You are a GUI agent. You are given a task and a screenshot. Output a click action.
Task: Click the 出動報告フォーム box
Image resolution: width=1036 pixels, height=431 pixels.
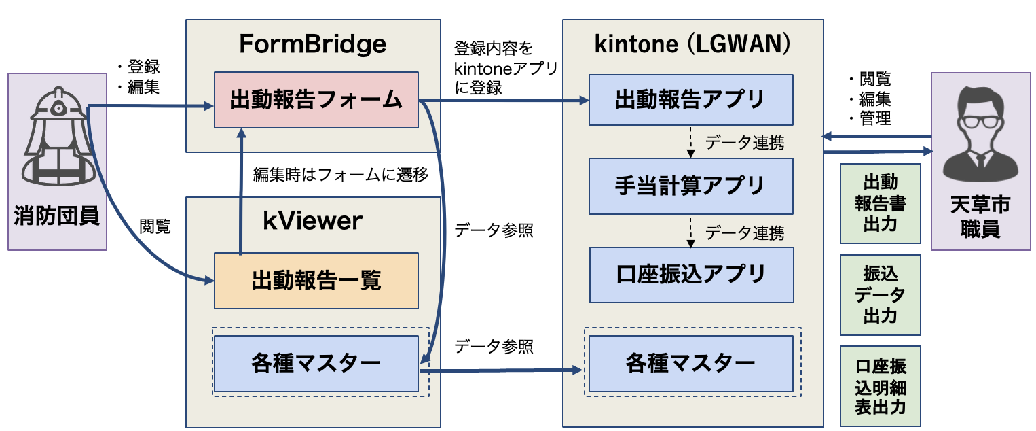(316, 100)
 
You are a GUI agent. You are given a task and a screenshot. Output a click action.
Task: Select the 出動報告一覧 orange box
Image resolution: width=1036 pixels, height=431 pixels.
(316, 281)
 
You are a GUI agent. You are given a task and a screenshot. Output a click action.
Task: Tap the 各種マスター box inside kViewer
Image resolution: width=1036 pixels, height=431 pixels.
(316, 363)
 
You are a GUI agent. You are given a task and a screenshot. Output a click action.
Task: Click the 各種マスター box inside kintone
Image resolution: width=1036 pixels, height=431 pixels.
(691, 363)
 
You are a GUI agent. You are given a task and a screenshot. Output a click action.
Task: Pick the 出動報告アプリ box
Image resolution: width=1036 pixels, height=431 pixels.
(691, 100)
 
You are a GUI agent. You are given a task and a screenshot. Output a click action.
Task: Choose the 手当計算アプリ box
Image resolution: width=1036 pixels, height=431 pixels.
(691, 185)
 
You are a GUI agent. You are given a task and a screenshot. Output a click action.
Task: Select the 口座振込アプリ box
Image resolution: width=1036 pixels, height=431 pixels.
(691, 275)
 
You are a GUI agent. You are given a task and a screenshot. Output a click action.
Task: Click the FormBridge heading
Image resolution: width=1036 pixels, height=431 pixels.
(312, 45)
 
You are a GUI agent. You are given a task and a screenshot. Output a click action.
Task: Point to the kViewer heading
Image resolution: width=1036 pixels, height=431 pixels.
(312, 221)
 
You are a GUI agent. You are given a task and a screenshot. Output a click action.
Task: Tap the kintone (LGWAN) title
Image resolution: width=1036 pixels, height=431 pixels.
(692, 45)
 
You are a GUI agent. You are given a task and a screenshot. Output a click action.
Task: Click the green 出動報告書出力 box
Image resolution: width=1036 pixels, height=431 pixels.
(880, 203)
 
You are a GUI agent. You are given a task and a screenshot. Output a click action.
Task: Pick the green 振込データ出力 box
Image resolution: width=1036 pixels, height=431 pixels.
(880, 295)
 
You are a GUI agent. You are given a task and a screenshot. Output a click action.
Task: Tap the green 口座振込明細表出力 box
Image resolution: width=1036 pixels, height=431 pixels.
(880, 387)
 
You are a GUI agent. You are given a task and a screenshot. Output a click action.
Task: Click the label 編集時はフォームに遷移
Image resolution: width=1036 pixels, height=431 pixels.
(341, 174)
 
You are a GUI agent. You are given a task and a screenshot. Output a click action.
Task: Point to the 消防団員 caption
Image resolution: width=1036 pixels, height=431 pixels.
(57, 217)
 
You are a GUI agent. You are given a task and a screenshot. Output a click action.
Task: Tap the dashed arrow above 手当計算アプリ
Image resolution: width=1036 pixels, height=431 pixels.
(691, 141)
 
